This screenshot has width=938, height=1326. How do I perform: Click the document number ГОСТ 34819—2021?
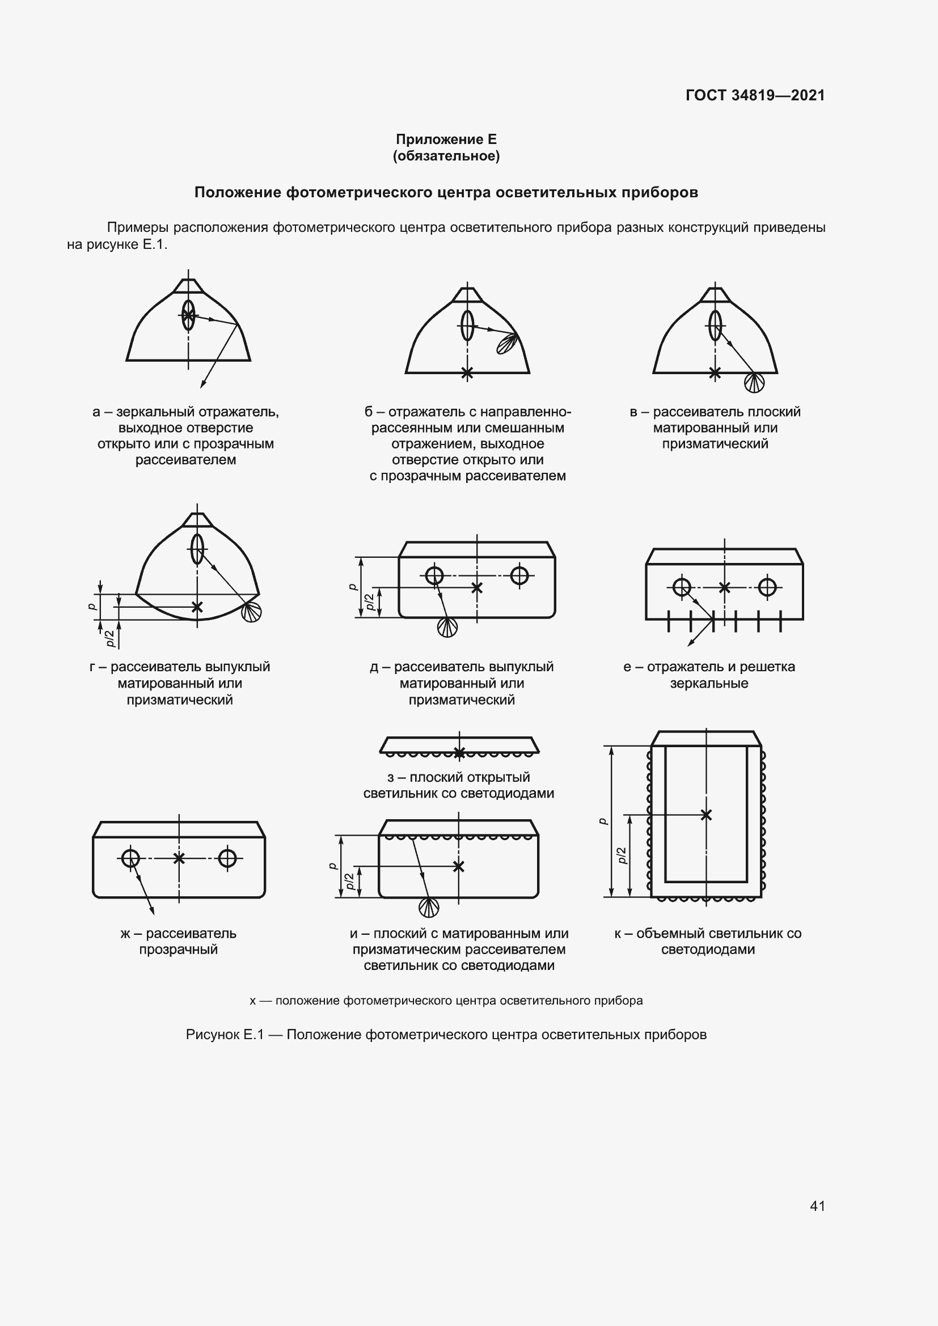click(755, 95)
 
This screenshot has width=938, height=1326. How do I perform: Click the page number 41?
click(817, 1206)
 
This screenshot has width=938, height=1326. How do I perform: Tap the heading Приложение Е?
click(446, 139)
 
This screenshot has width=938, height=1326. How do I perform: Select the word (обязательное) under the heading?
click(446, 156)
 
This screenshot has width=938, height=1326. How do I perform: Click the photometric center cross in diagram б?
click(467, 373)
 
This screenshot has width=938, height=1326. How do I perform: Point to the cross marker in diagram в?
click(715, 373)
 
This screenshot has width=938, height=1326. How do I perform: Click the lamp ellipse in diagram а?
click(188, 315)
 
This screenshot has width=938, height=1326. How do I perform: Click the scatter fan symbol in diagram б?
click(507, 344)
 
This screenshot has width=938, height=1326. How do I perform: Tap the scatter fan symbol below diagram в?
click(754, 382)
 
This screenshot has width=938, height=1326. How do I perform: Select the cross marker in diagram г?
click(197, 607)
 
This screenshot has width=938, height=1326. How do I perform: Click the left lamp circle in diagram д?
click(434, 575)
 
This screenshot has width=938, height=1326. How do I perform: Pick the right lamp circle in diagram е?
click(767, 587)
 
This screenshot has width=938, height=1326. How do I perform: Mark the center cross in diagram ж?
click(179, 858)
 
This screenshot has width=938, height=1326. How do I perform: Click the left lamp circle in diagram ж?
click(130, 858)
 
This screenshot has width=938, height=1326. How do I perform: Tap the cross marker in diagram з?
click(459, 752)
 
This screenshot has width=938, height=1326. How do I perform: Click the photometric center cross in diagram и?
click(459, 866)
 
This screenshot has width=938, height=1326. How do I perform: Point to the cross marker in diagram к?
click(706, 815)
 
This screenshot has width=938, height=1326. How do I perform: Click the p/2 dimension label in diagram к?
click(622, 855)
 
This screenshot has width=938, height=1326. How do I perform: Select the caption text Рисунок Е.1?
click(225, 1035)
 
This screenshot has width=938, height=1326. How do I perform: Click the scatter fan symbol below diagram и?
click(429, 908)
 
